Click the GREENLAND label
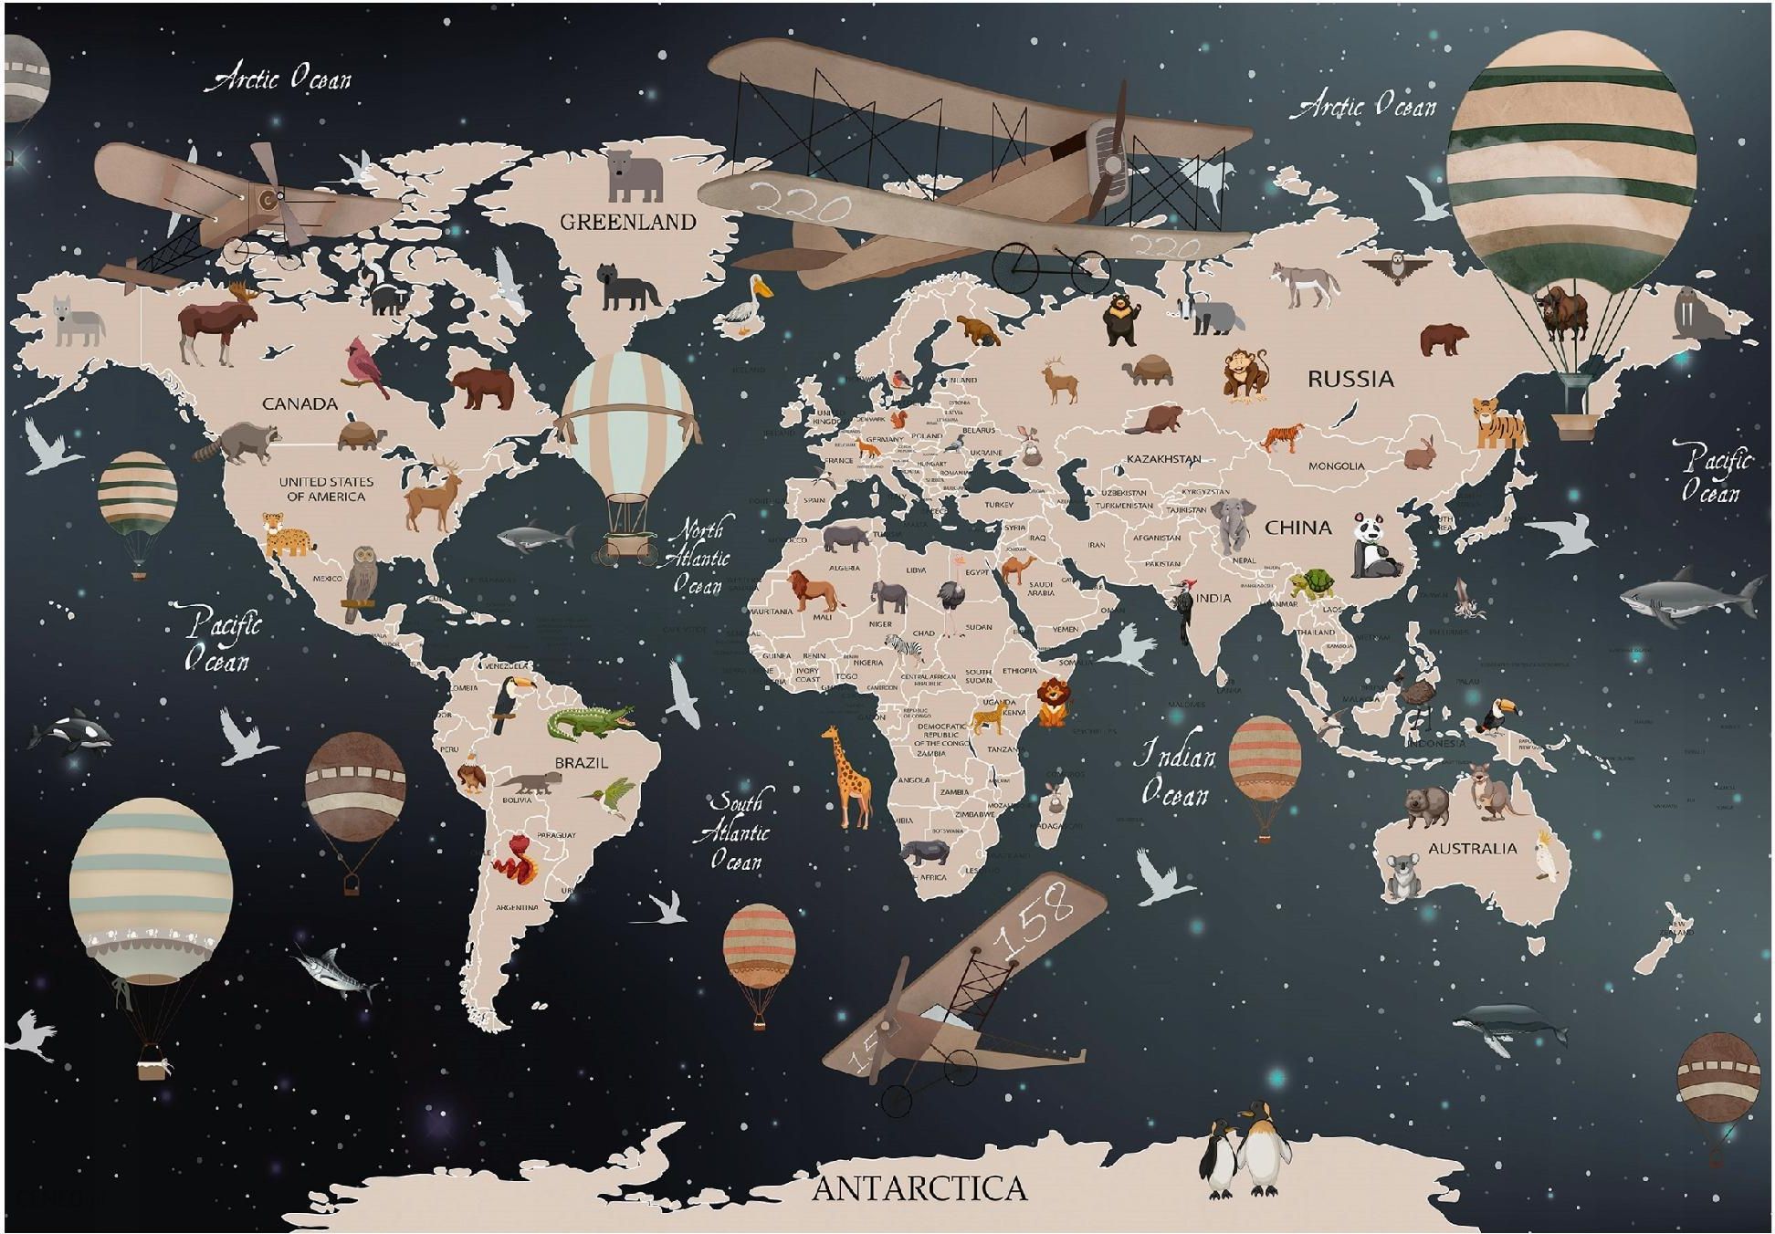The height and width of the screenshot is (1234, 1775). pyautogui.click(x=627, y=222)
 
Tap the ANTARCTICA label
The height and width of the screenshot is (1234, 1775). pyautogui.click(x=919, y=1188)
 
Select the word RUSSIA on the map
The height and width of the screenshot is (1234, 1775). pyautogui.click(x=1350, y=379)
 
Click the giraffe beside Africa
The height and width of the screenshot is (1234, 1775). pyautogui.click(x=847, y=777)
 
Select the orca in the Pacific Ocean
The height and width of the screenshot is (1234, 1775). pyautogui.click(x=71, y=733)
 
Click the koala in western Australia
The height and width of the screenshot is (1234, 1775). pyautogui.click(x=1402, y=874)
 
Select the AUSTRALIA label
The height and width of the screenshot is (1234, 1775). pyautogui.click(x=1472, y=849)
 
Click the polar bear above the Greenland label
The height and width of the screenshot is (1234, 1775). pyautogui.click(x=635, y=175)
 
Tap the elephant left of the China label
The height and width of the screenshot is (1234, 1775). pyautogui.click(x=1232, y=524)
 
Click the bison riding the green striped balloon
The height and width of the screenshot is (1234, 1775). pyautogui.click(x=1564, y=312)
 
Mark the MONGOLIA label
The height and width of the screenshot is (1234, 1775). pyautogui.click(x=1336, y=466)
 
